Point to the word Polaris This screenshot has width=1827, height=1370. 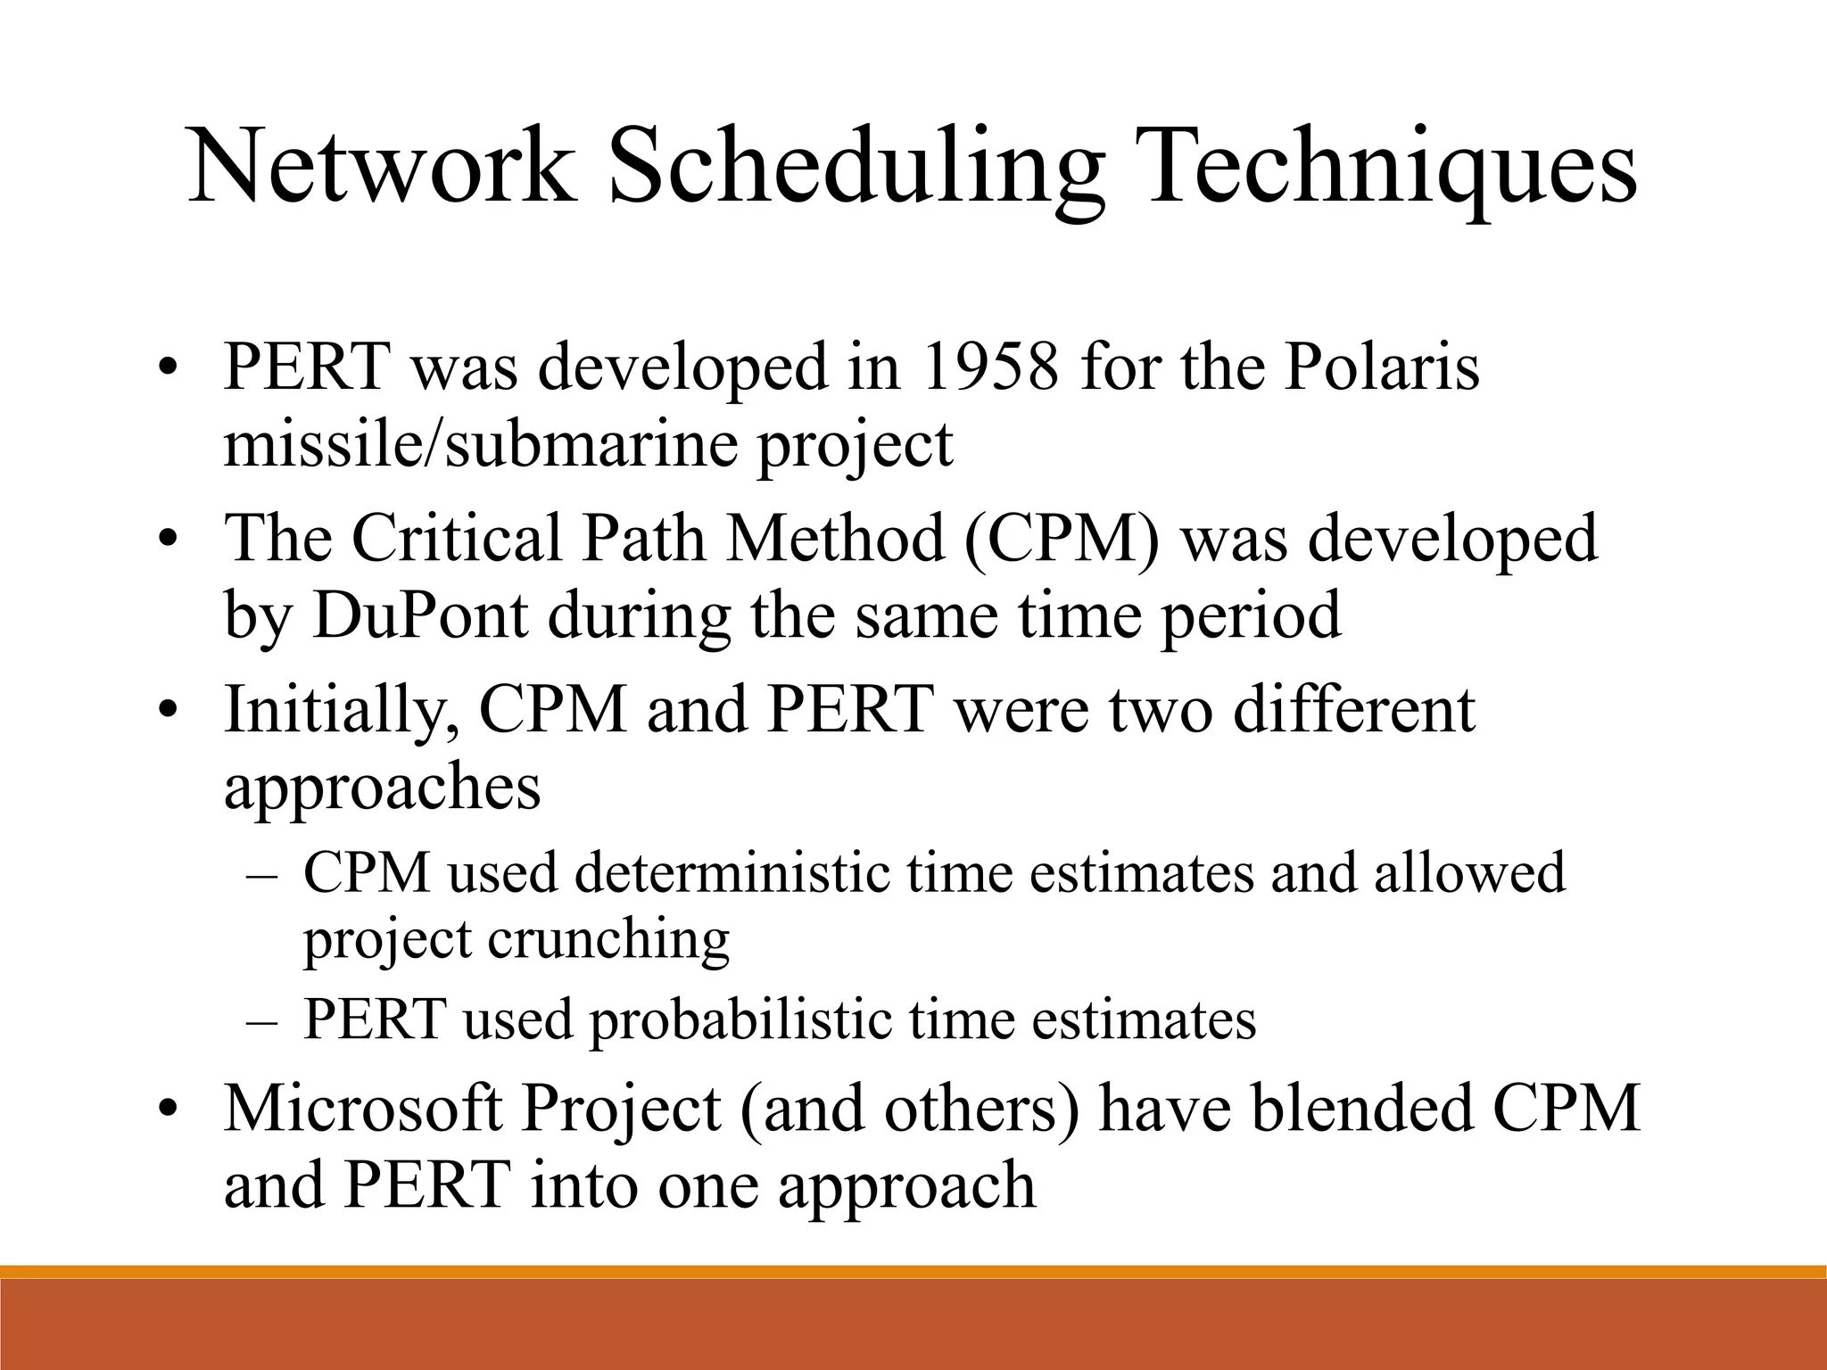tap(1382, 367)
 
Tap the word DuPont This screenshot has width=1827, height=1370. tap(419, 615)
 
